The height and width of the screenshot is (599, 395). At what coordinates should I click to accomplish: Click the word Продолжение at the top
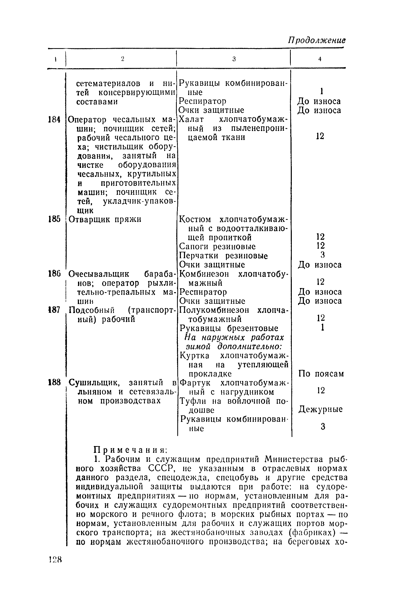[316, 40]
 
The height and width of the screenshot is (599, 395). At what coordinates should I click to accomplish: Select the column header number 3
[234, 59]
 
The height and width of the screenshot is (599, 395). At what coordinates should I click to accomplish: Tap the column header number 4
[320, 59]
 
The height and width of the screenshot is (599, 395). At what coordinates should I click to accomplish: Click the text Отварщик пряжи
[105, 219]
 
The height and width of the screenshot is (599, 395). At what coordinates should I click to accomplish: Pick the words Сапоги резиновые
[217, 247]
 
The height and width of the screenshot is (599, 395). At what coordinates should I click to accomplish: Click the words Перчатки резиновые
[223, 256]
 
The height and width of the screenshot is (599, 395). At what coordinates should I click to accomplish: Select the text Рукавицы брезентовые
[229, 328]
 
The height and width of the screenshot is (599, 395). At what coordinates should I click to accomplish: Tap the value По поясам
[321, 374]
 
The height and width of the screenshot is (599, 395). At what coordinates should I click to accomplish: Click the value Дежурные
[320, 409]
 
